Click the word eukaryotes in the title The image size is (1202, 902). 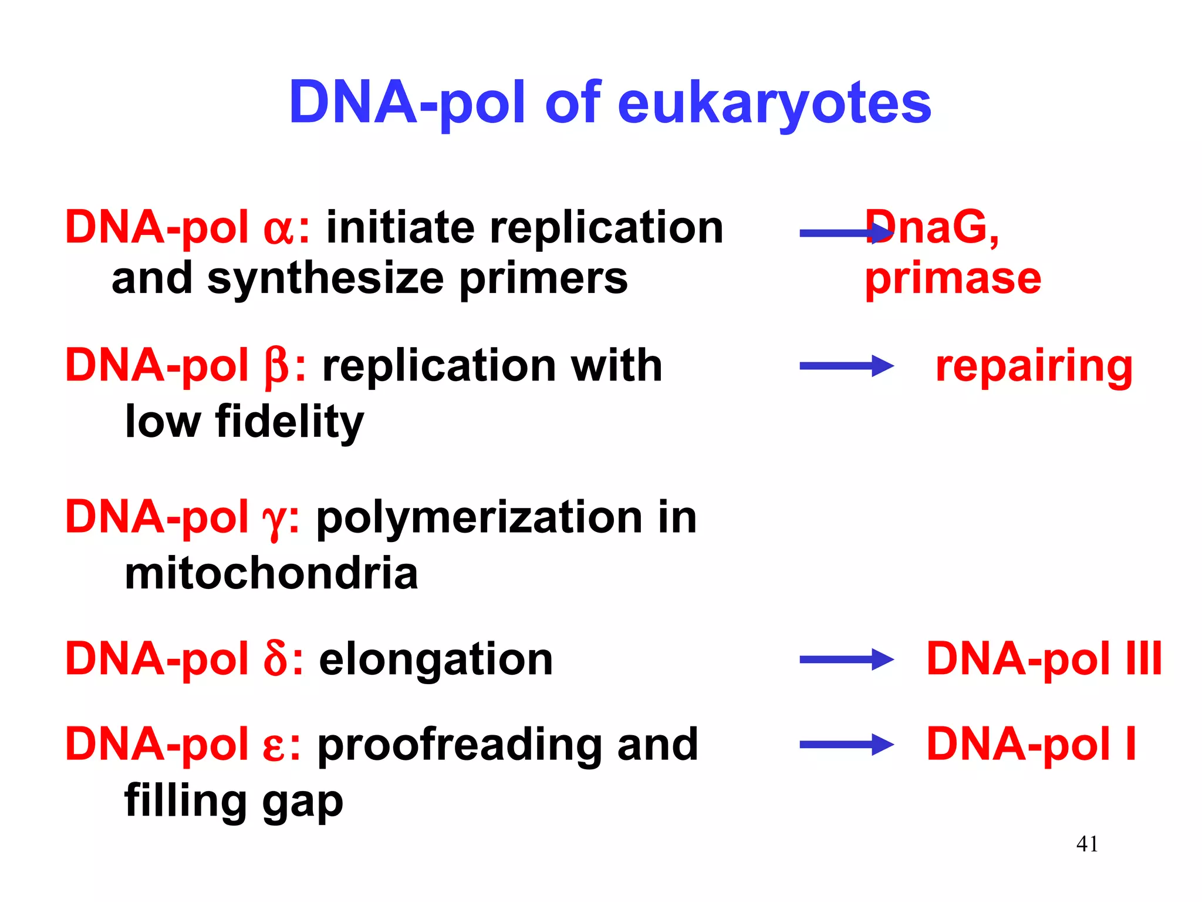[x=774, y=104]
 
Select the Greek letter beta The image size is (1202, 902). [x=276, y=367]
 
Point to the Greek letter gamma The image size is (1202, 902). [x=274, y=520]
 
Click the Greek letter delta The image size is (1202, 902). [x=275, y=659]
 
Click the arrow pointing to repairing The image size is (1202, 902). [x=846, y=366]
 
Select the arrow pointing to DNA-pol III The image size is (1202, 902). [x=846, y=659]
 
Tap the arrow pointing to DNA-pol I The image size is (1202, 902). [x=846, y=745]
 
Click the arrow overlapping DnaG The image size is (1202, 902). [x=846, y=233]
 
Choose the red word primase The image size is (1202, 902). [x=953, y=279]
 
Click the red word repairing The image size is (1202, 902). [x=1034, y=367]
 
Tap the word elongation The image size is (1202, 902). [x=435, y=659]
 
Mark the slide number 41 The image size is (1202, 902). [x=1087, y=844]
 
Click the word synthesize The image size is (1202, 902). [x=326, y=280]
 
